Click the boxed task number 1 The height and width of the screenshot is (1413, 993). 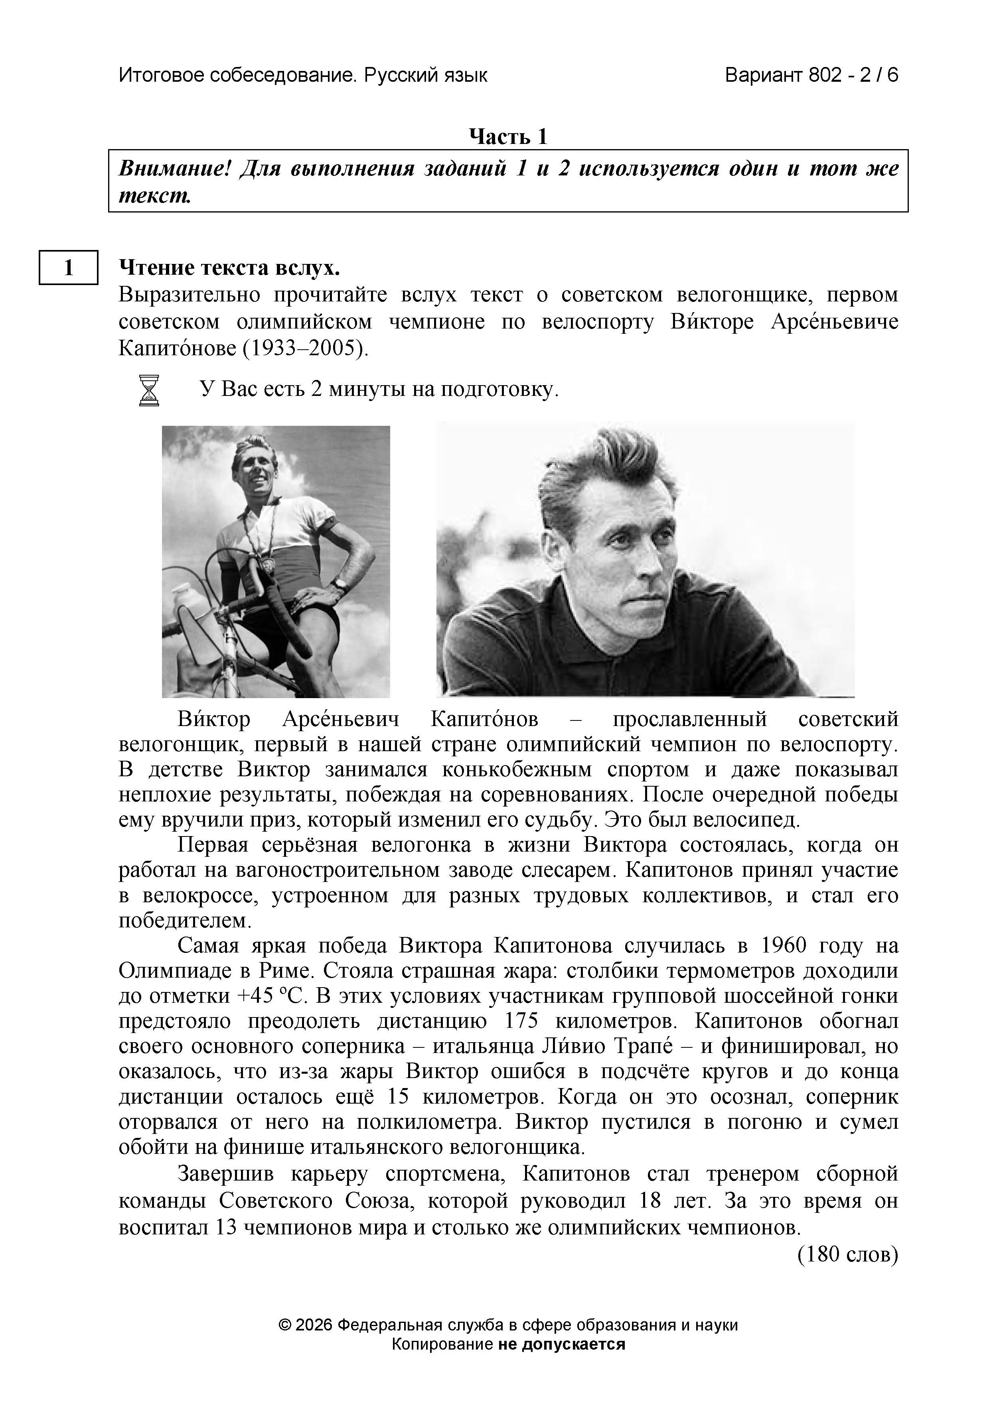[x=68, y=267]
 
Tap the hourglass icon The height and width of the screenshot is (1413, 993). [x=149, y=390]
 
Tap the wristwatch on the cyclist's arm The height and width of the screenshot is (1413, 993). [x=338, y=582]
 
